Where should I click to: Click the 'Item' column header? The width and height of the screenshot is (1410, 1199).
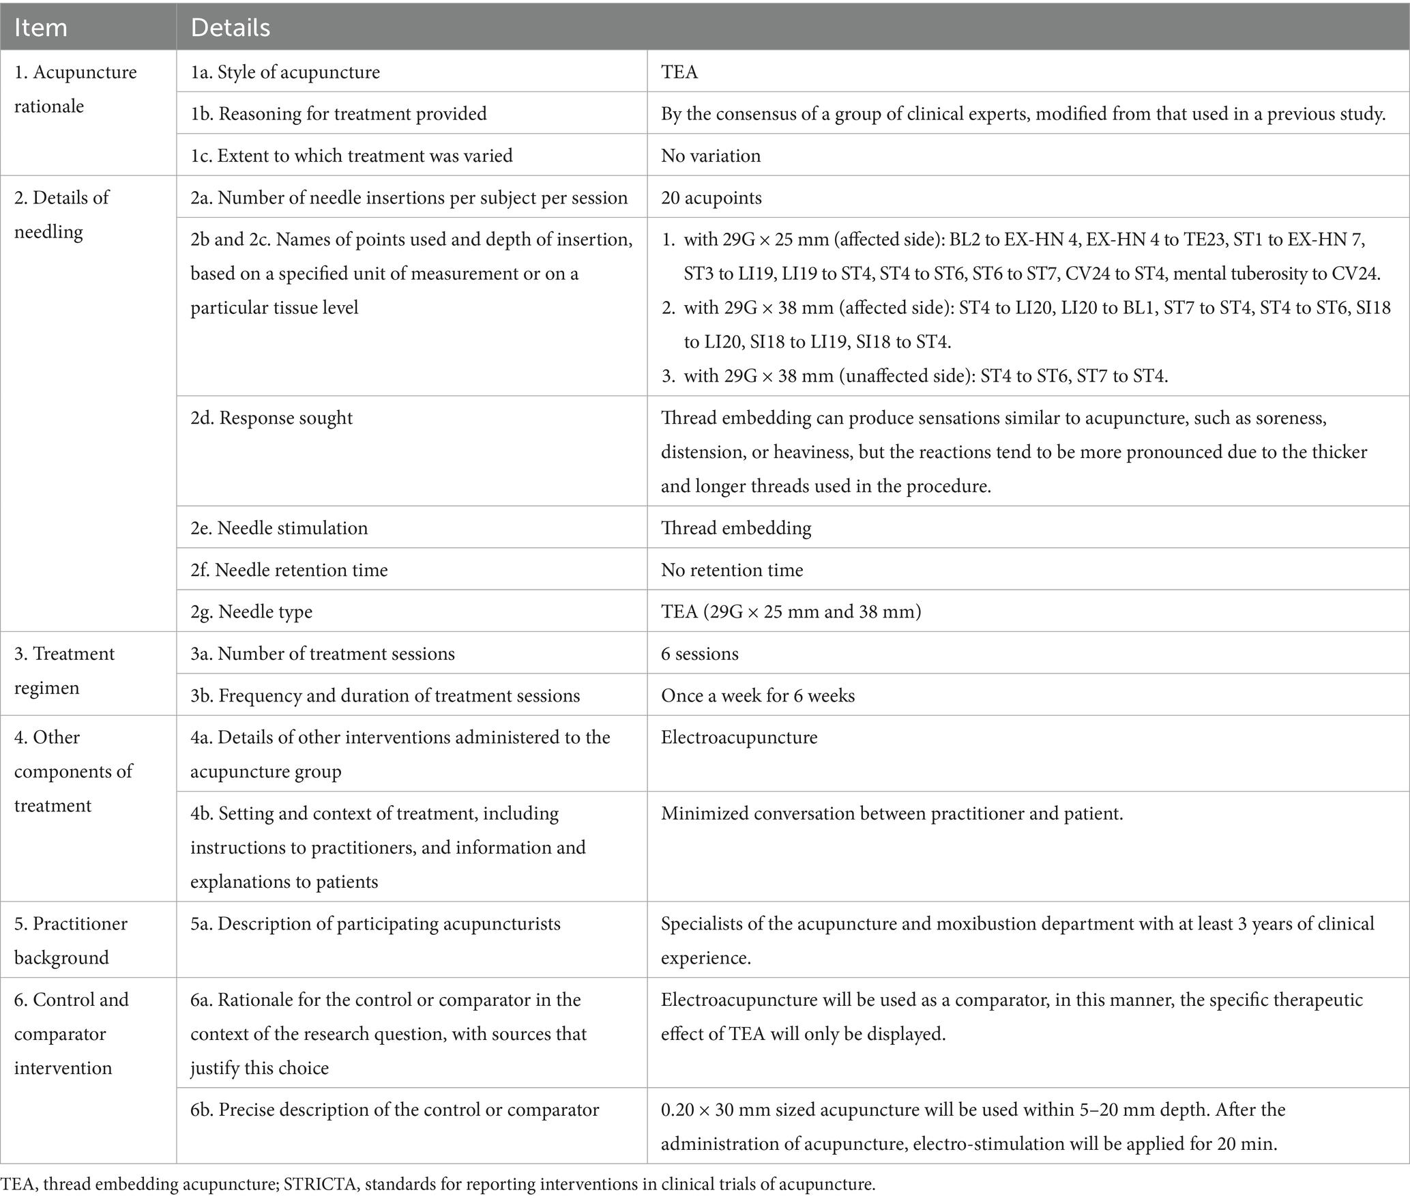click(41, 27)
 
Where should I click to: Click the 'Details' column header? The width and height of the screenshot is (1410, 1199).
click(231, 27)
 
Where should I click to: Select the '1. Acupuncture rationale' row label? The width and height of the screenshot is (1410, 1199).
click(75, 89)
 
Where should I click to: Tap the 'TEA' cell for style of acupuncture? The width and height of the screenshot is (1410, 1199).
click(679, 72)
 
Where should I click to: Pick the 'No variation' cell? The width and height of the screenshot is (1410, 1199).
click(711, 156)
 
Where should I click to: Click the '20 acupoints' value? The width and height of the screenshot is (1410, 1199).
click(711, 198)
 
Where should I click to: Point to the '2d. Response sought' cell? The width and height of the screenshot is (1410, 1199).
click(271, 418)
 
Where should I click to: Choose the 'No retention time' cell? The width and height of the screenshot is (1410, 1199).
click(732, 570)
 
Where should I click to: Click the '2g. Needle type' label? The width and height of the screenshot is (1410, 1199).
click(251, 611)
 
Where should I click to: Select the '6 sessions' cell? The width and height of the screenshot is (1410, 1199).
click(699, 654)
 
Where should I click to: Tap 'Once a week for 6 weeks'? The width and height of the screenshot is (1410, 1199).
click(757, 695)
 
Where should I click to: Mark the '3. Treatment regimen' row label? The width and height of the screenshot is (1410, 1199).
click(64, 670)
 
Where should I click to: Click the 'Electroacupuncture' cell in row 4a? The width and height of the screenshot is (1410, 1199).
click(739, 738)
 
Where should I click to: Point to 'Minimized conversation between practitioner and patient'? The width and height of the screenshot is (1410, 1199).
click(891, 813)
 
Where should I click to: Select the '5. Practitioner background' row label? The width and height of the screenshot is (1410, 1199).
click(70, 940)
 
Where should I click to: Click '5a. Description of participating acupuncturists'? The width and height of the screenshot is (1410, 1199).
click(375, 924)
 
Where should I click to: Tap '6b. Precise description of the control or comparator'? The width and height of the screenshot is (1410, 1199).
click(394, 1110)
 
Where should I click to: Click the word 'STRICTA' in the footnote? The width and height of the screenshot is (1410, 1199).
click(321, 1184)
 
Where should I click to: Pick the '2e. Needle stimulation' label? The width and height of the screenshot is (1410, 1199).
click(279, 528)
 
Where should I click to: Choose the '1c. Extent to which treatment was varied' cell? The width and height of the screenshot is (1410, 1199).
click(351, 156)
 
